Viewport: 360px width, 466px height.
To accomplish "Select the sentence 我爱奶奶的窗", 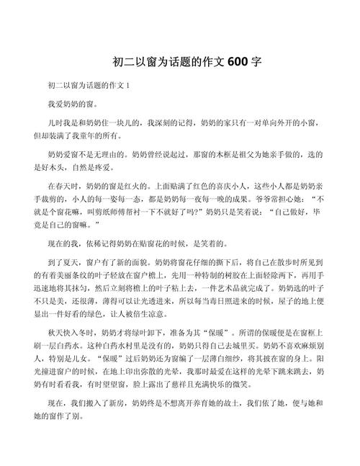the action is (71, 104).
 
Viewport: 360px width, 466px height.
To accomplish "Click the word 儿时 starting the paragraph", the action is (55, 122).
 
